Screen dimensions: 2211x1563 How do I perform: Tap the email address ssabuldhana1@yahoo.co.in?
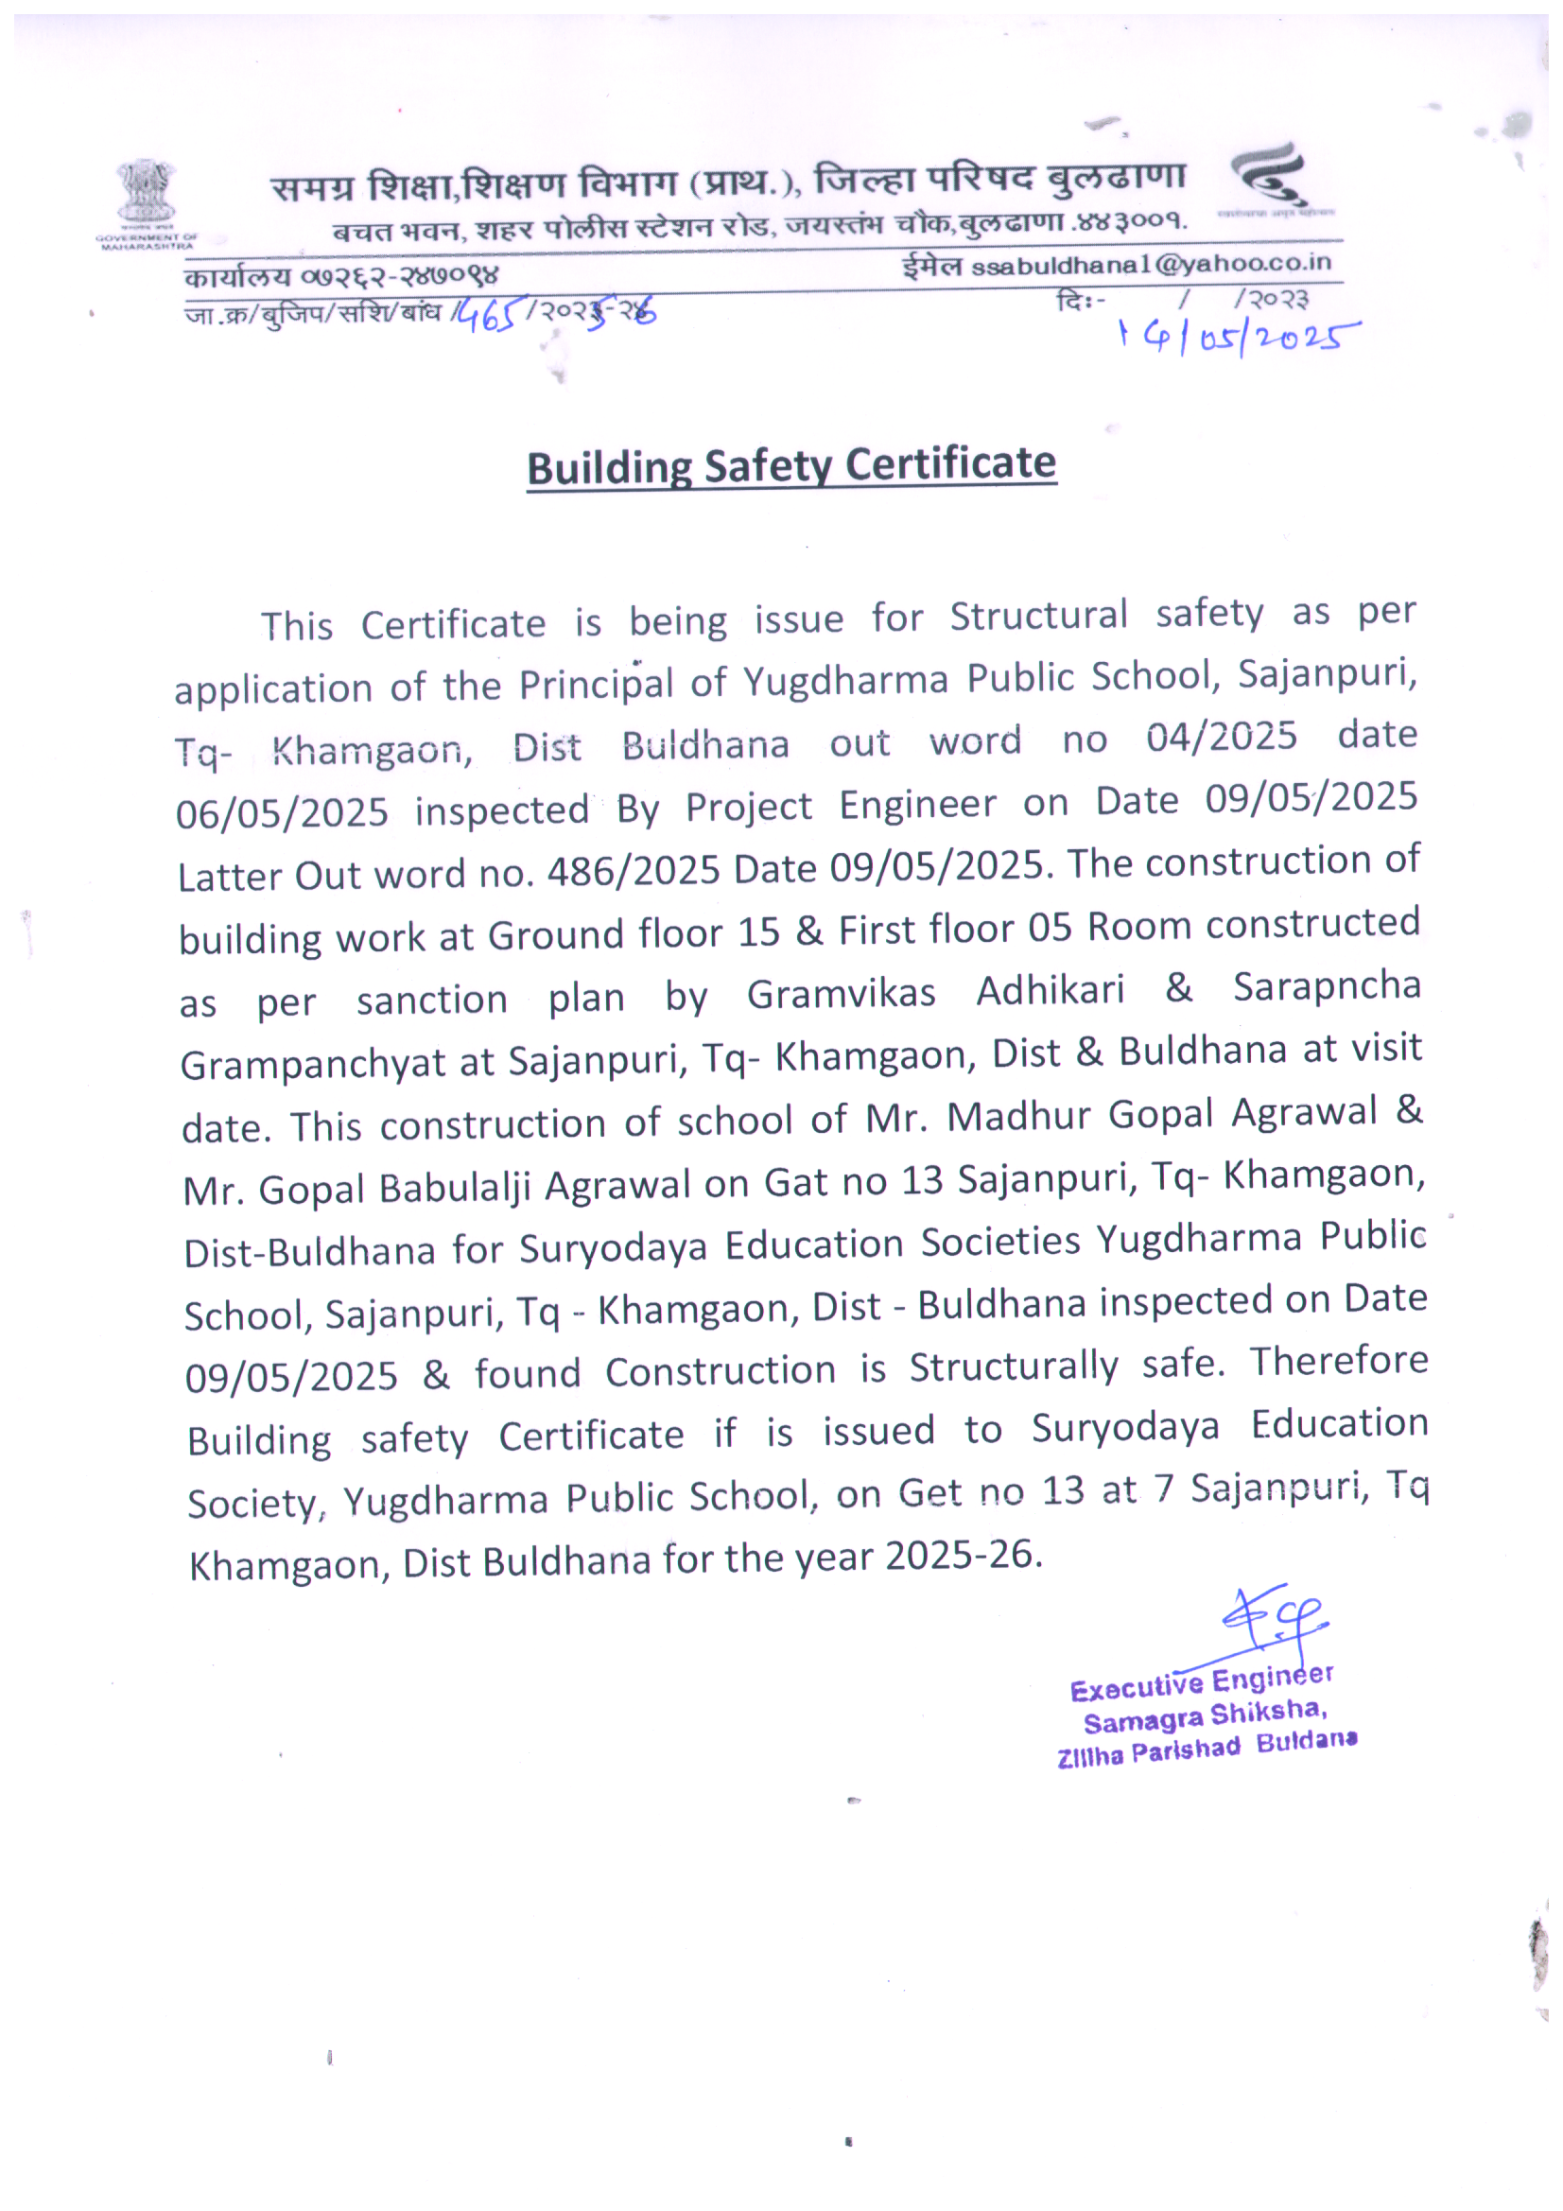[1151, 264]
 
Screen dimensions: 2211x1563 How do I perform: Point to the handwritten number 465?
[490, 315]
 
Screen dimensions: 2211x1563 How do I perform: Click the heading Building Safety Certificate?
[790, 466]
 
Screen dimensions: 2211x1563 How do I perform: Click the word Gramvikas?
[841, 994]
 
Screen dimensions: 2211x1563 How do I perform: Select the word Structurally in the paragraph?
[1014, 1367]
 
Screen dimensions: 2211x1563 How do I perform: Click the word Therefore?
[1339, 1361]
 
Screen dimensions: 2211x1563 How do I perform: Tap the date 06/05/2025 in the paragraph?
[282, 813]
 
